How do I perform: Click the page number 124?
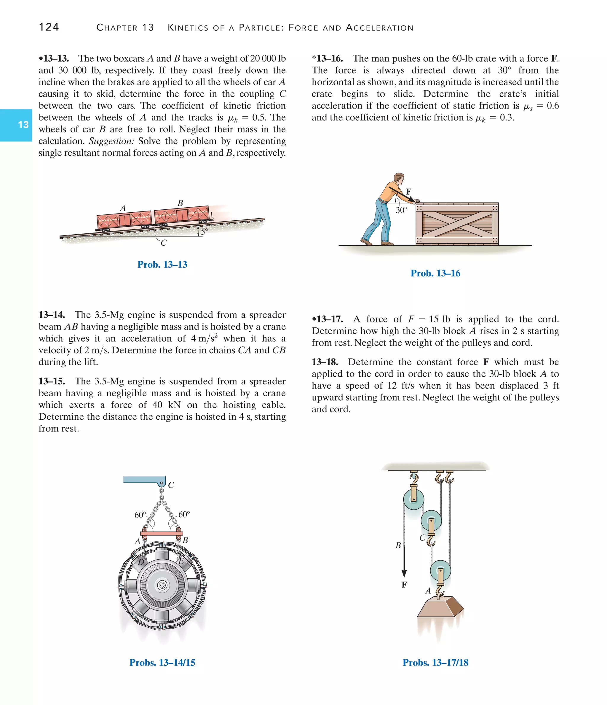49,27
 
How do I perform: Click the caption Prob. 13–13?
162,264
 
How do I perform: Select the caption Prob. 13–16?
435,273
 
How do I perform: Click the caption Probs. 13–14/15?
162,663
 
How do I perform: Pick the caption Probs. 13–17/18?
435,663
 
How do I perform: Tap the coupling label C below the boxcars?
164,243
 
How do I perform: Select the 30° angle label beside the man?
401,210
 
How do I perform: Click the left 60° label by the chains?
140,515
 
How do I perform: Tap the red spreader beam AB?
162,534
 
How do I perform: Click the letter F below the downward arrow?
404,585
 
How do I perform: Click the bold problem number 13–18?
325,362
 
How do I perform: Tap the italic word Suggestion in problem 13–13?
111,141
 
